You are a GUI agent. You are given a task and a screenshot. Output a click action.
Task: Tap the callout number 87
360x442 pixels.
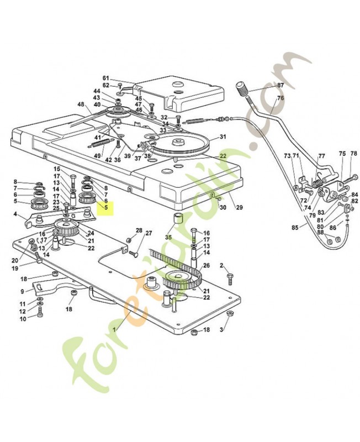280,85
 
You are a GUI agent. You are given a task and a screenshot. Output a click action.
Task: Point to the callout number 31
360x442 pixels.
223,136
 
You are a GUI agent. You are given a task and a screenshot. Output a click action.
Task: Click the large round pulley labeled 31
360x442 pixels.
179,145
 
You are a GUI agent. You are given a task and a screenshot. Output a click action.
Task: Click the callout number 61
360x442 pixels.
105,78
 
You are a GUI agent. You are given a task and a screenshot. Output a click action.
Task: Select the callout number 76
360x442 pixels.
280,98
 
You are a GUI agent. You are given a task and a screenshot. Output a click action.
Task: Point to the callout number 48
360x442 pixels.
81,104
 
